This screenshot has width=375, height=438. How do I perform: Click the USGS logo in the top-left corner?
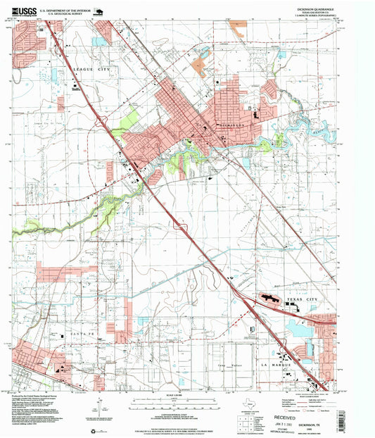click(x=24, y=11)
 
